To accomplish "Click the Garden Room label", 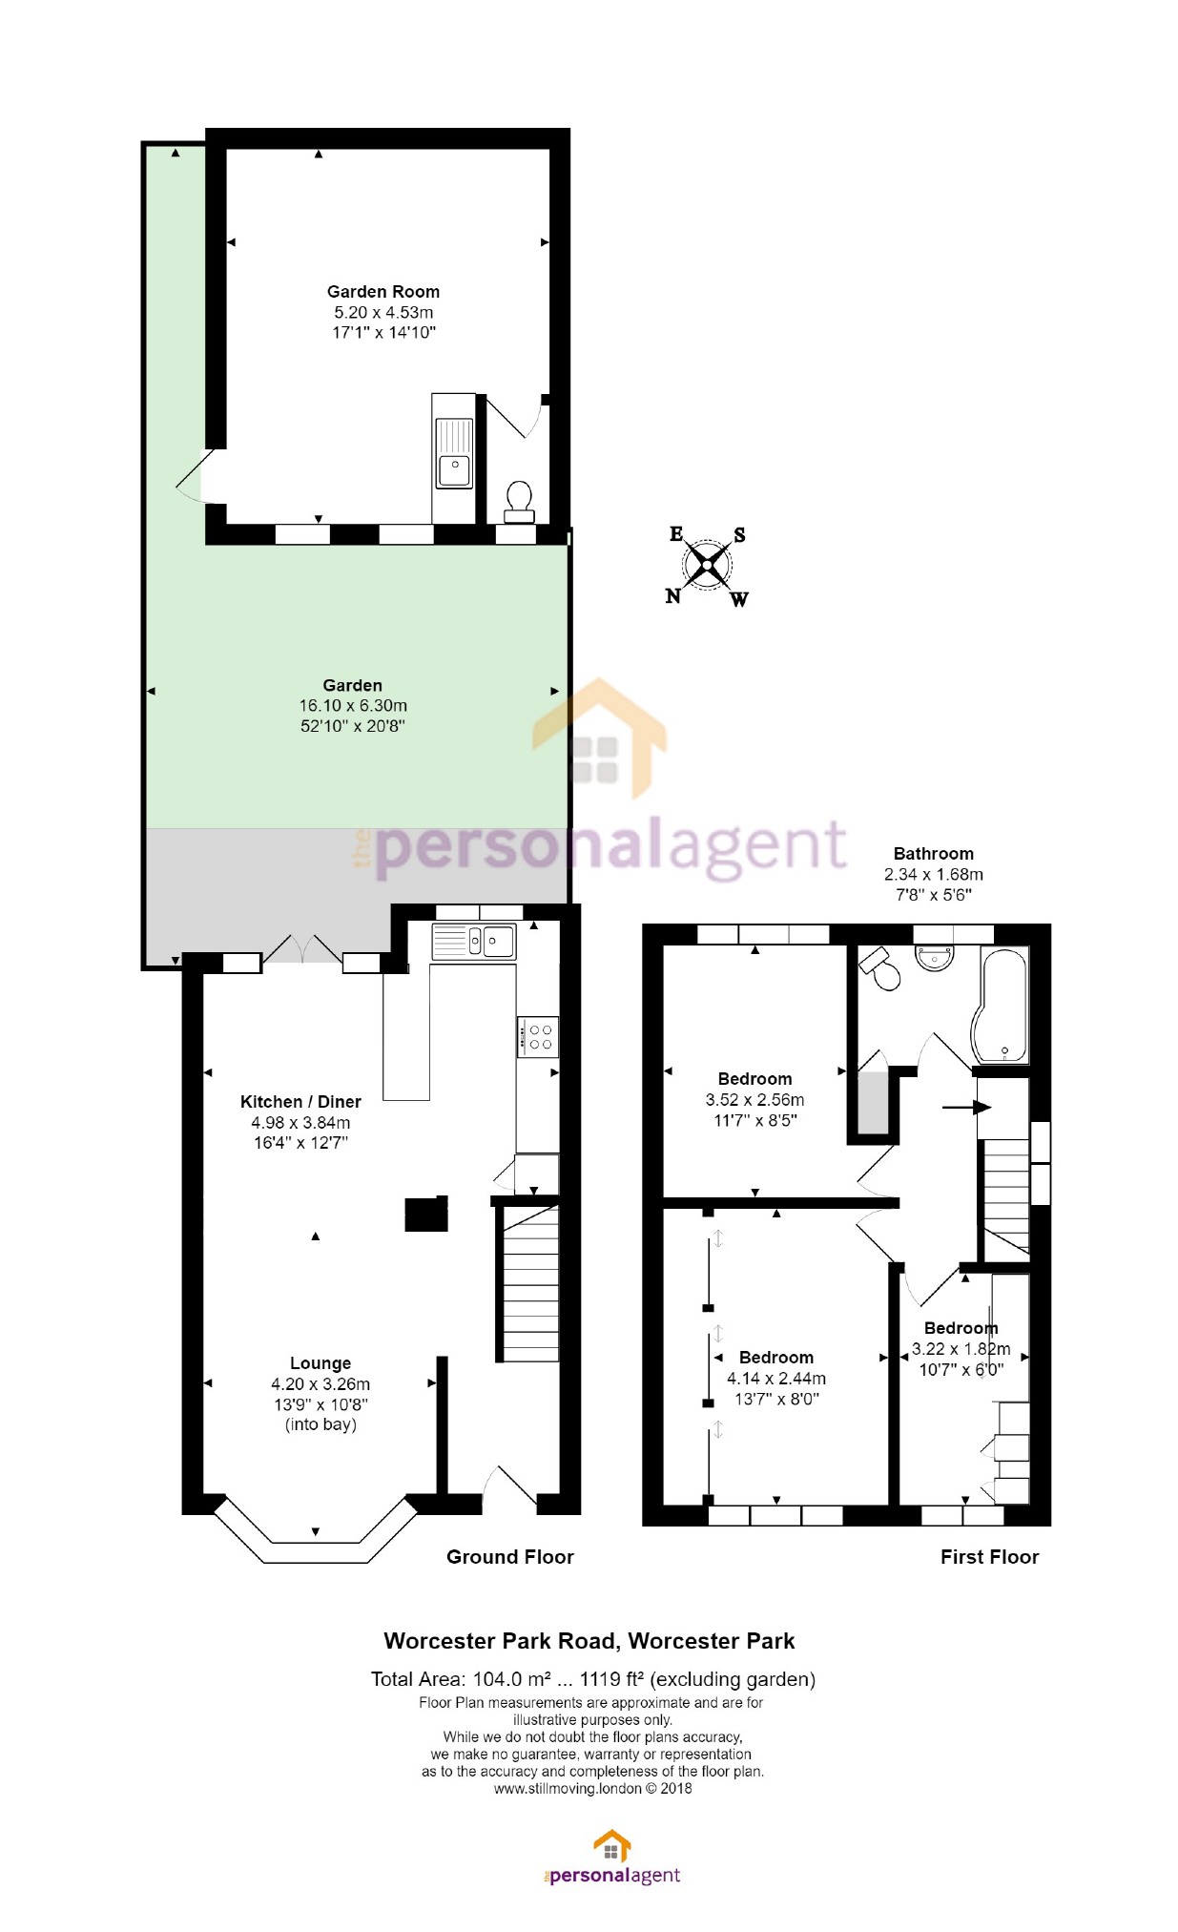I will click(x=382, y=292).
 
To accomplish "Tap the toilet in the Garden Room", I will click(x=519, y=501).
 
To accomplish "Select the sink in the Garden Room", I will click(x=454, y=468).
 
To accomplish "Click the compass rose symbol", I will click(x=707, y=566).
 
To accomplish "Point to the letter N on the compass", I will click(x=673, y=596).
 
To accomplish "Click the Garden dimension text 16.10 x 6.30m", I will click(x=353, y=706).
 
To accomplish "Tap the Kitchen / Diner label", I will click(x=300, y=1102).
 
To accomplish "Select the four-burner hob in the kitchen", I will click(x=538, y=1037).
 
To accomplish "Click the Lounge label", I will click(x=320, y=1363).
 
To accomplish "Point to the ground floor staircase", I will click(x=527, y=1283).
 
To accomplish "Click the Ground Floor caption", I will click(x=509, y=1557).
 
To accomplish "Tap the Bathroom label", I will click(x=933, y=854).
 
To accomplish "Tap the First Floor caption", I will click(x=989, y=1557).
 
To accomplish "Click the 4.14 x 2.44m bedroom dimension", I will click(x=776, y=1379).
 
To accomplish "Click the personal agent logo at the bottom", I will click(x=611, y=1859).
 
